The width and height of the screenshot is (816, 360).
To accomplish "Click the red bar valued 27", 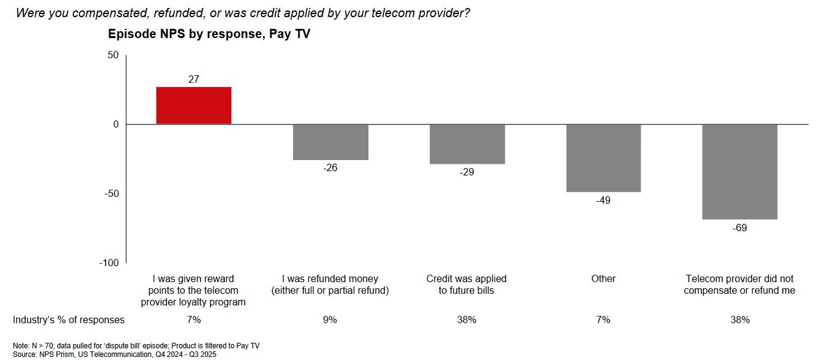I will click(194, 105).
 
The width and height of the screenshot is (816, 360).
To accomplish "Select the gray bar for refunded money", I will click(330, 142).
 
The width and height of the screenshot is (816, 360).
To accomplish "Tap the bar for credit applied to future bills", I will click(467, 144).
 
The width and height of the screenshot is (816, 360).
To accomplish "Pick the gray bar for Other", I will click(603, 158).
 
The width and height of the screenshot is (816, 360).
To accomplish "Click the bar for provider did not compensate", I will click(739, 172).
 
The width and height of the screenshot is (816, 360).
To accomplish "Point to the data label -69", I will click(739, 228).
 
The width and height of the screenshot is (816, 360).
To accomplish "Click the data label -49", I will click(603, 201).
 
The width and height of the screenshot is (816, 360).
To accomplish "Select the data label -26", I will click(330, 168).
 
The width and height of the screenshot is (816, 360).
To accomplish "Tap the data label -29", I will click(467, 172).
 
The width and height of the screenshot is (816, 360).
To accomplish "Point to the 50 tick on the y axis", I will click(112, 55).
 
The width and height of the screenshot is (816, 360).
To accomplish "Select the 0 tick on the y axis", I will click(115, 124).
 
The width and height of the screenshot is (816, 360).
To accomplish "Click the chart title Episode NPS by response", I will click(209, 34).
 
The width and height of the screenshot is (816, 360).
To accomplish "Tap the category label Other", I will click(603, 278).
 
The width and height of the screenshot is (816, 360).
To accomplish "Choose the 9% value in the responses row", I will click(330, 320).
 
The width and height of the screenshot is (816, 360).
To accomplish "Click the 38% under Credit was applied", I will click(467, 320).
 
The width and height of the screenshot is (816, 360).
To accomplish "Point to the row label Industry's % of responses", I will click(69, 320).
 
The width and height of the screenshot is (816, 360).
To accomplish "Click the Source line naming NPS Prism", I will click(115, 354).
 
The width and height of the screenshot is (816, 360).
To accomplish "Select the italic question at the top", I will click(243, 12).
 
